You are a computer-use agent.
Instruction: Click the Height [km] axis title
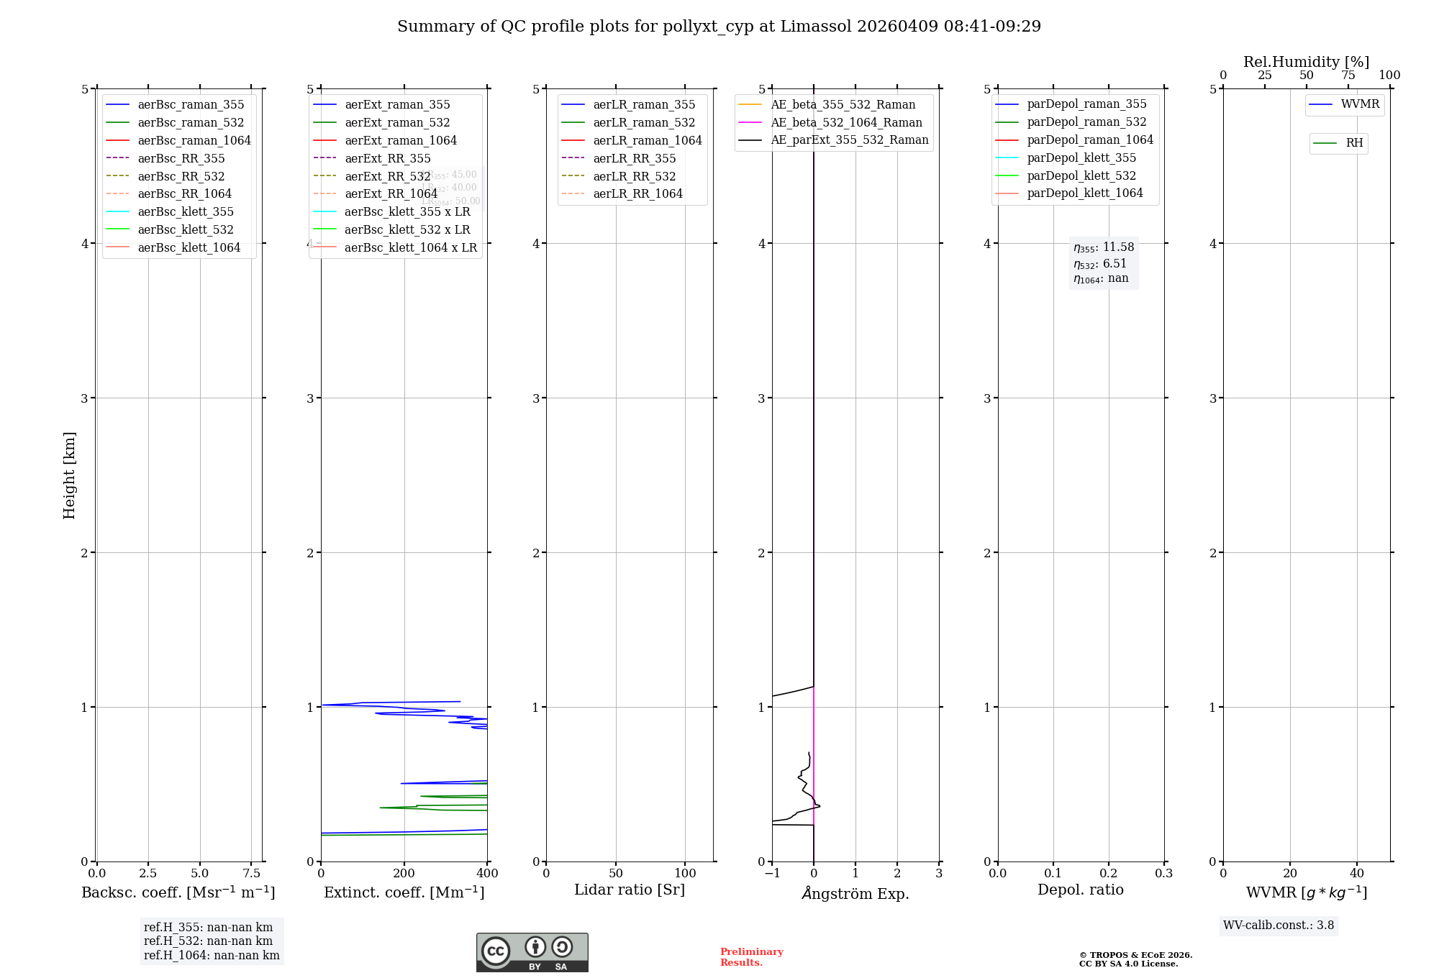[x=69, y=475]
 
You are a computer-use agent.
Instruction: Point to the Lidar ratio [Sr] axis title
[x=630, y=890]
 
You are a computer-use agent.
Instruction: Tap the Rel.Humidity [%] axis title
[x=1306, y=62]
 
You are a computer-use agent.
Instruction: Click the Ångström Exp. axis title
[x=855, y=893]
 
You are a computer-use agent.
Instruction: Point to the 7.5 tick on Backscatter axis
[x=251, y=873]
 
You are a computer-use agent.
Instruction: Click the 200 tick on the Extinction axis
[x=404, y=873]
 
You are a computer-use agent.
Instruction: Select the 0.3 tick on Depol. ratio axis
[x=1163, y=873]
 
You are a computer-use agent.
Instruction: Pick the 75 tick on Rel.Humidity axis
[x=1348, y=76]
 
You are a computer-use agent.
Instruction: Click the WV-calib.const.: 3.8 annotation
[x=1278, y=926]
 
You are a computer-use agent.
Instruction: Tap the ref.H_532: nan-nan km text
[x=208, y=941]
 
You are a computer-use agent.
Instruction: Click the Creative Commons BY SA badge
[x=532, y=952]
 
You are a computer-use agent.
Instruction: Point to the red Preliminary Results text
[x=751, y=957]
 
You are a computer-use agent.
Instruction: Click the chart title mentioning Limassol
[x=719, y=27]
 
